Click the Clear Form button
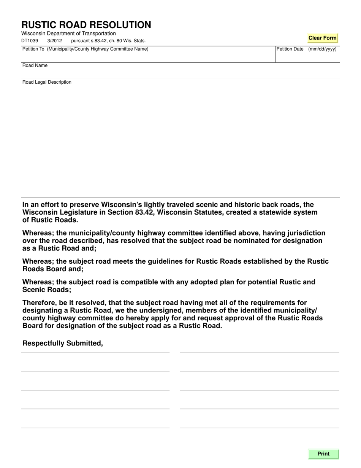[x=322, y=38]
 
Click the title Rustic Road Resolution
[x=86, y=25]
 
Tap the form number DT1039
[x=30, y=41]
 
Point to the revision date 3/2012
[x=55, y=41]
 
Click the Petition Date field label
[x=290, y=49]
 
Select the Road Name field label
[x=35, y=65]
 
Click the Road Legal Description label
[x=47, y=82]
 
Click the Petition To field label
[x=85, y=49]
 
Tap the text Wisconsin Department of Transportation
[x=68, y=33]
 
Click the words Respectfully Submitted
[x=63, y=343]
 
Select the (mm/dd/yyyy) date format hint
[x=322, y=49]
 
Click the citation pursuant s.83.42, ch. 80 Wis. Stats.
[x=108, y=41]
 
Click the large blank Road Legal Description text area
[x=180, y=141]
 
